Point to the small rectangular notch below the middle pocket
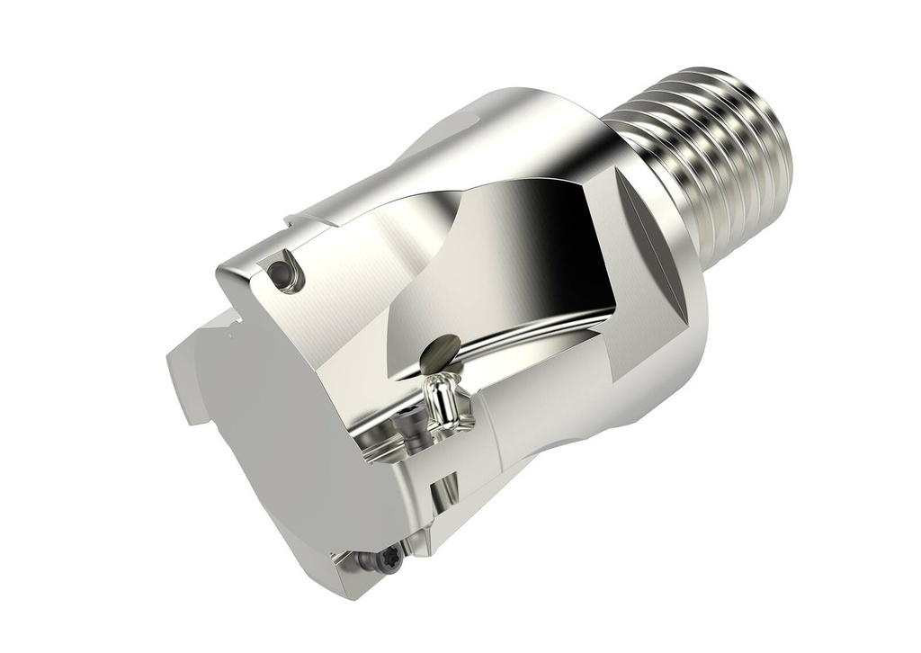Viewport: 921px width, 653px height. click(442, 495)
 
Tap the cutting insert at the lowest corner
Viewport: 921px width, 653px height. click(369, 567)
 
